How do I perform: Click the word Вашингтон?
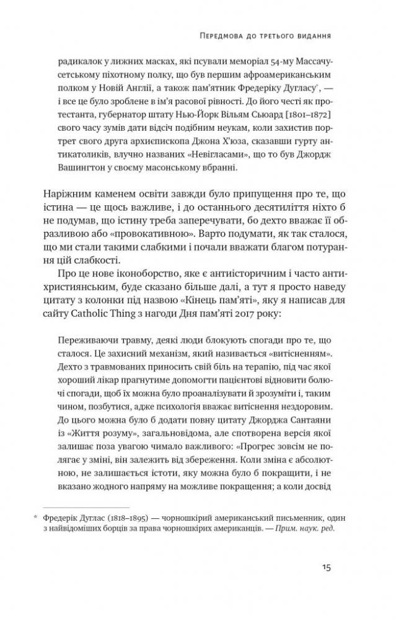(81, 167)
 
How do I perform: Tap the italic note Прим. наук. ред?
(308, 529)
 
